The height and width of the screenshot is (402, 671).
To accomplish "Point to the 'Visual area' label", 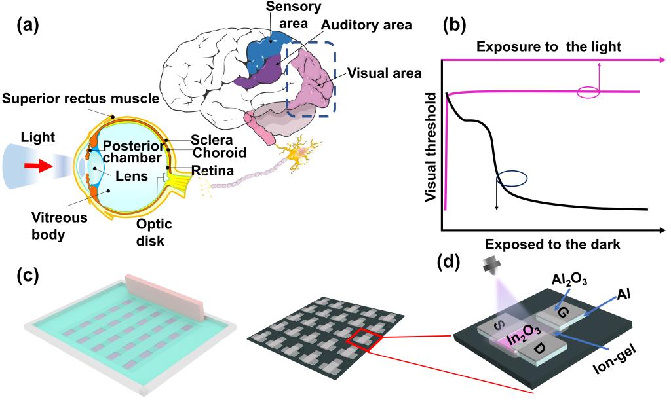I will [x=384, y=71].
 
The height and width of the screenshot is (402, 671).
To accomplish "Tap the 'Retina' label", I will [x=212, y=171].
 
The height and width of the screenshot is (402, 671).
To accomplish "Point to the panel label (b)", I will [x=456, y=24].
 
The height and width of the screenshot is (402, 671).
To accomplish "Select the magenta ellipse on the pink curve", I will [x=588, y=93].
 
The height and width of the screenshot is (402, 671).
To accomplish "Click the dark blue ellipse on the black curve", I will [x=511, y=177].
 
